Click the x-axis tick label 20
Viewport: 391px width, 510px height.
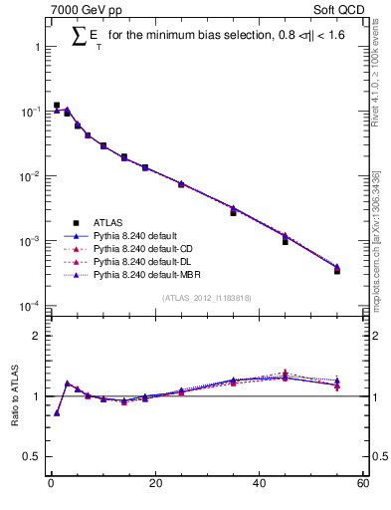click(x=154, y=484)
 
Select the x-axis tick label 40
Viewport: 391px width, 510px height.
click(x=259, y=484)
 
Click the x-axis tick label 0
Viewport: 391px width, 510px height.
click(x=51, y=484)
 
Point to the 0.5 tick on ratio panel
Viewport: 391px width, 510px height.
click(x=32, y=457)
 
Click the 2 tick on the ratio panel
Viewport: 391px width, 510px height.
click(x=37, y=336)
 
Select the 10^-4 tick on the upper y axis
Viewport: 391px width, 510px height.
click(x=30, y=306)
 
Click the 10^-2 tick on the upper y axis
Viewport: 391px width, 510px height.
click(x=30, y=176)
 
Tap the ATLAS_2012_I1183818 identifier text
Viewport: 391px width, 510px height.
click(x=206, y=298)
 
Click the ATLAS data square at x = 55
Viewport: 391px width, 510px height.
click(x=336, y=271)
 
